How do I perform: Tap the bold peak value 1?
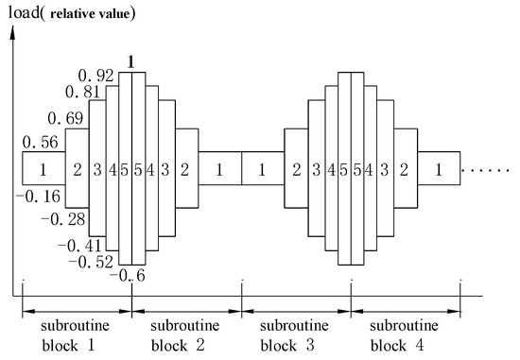(132, 60)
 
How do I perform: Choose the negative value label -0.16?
(39, 197)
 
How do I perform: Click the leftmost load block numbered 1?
(43, 168)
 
